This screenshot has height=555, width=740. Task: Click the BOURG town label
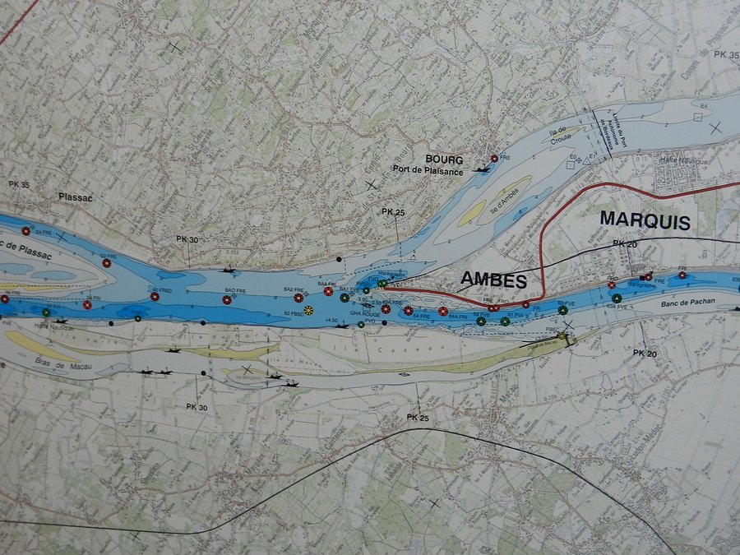(x=444, y=159)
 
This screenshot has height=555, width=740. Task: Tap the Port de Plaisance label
(x=428, y=170)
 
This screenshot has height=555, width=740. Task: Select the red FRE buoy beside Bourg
(x=493, y=158)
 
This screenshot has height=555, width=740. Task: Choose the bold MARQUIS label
(x=645, y=220)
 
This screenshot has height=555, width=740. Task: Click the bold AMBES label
(x=493, y=280)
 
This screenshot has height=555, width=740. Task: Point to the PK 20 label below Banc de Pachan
(x=645, y=353)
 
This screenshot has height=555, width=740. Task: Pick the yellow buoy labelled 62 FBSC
(x=308, y=309)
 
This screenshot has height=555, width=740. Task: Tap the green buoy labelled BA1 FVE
(x=344, y=298)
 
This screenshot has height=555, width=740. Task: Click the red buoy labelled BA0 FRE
(x=227, y=299)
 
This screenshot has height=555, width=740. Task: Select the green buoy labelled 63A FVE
(x=616, y=298)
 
